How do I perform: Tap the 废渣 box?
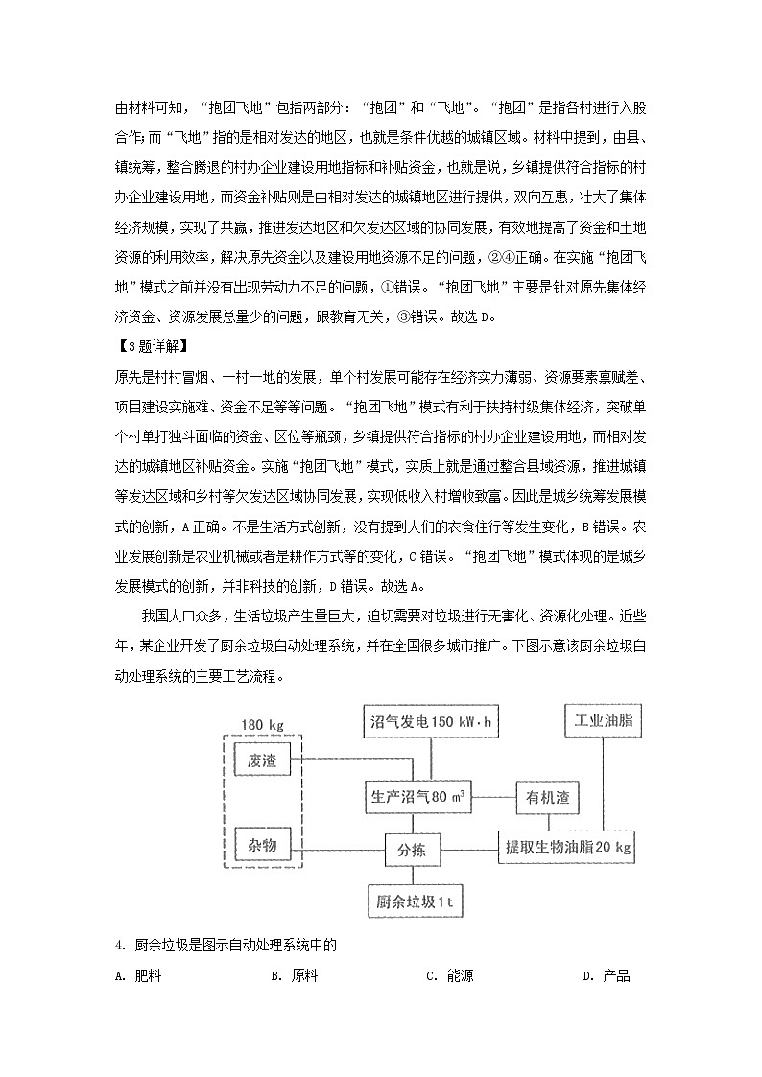261,760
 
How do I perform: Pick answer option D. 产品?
607,976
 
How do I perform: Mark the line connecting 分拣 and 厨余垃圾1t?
413,875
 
